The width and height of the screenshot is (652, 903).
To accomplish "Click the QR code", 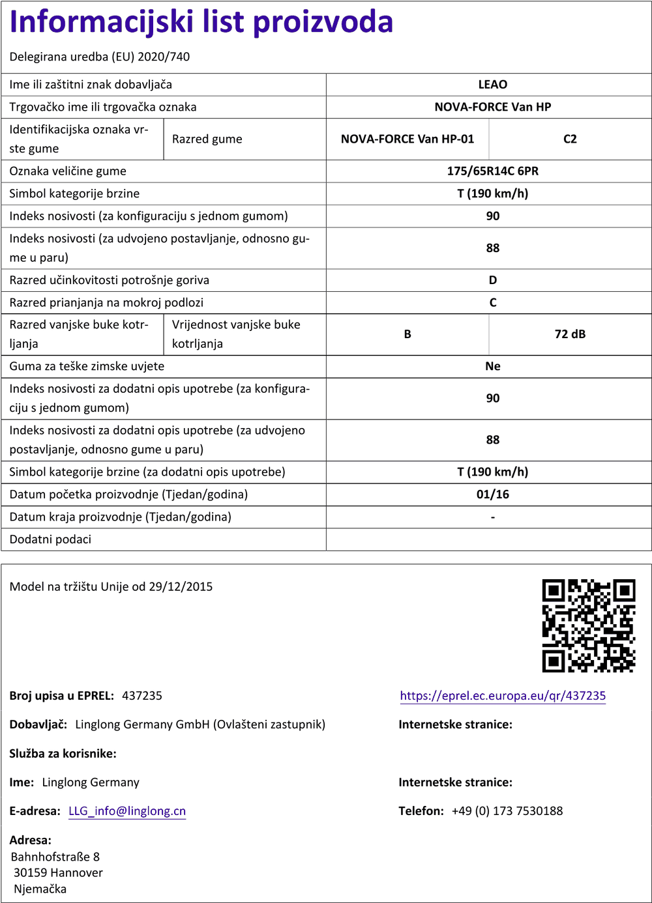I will tap(588, 625).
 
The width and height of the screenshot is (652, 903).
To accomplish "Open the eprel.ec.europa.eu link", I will tap(503, 696).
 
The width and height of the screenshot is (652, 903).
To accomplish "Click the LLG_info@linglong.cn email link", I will tap(127, 811).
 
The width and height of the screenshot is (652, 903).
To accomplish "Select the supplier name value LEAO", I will tap(492, 85).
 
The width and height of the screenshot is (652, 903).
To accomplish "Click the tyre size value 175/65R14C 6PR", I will tap(492, 171).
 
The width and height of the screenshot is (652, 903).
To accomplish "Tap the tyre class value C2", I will tap(570, 139).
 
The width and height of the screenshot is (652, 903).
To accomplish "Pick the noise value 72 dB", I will tap(570, 334).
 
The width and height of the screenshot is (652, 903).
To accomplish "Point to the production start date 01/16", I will tap(492, 494).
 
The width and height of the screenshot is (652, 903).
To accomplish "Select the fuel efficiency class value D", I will tap(492, 280).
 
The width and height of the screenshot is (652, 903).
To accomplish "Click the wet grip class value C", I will tap(492, 303).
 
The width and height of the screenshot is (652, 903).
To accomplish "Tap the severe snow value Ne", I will tap(492, 366).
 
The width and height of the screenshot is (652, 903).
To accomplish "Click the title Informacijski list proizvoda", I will tap(201, 22).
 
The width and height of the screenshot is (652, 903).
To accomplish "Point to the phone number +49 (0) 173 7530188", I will tap(507, 811).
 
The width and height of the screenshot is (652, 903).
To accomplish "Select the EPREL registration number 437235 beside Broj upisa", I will tap(142, 696).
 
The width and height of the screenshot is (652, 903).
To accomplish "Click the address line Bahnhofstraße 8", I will tap(55, 857).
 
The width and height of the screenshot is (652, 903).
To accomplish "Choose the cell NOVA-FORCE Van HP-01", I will tap(407, 139).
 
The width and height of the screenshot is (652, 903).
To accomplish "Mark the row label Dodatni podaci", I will tap(50, 539).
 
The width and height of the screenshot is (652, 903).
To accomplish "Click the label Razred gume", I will tap(207, 139).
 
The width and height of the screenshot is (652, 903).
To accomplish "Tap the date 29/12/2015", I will tap(181, 586).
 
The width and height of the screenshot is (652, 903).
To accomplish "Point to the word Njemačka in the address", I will tap(40, 889).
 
